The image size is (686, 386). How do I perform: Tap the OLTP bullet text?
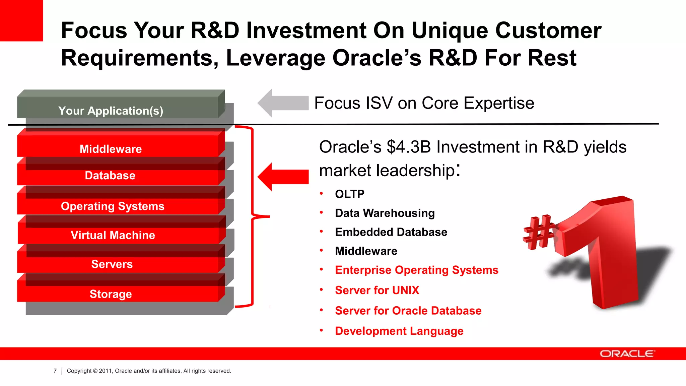[x=349, y=194]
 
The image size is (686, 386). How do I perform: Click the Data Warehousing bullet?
[x=385, y=213]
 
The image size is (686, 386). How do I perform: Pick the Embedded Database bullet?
[x=391, y=232]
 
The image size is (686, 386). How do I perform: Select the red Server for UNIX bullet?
[x=377, y=290]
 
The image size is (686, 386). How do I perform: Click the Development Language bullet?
[x=399, y=331]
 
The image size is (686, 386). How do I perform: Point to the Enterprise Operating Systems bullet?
[x=416, y=270]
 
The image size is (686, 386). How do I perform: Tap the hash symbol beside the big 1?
[x=538, y=232]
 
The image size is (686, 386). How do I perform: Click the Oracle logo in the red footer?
[x=627, y=354]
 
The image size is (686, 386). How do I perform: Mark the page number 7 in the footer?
[x=55, y=371]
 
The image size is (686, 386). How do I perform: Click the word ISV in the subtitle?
[x=379, y=103]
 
